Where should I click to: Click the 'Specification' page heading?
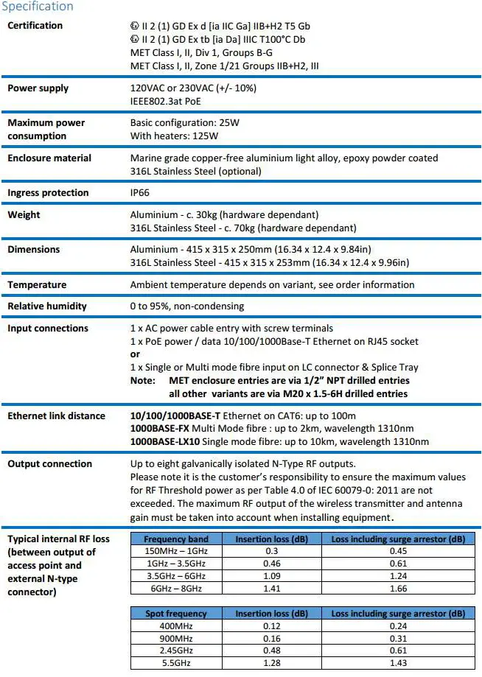click(38, 7)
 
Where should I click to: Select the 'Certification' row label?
click(35, 26)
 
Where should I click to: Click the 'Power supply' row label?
click(38, 88)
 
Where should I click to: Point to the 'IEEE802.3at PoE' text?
click(167, 101)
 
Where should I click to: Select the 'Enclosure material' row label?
click(49, 158)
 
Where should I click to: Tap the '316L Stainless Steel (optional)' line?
click(195, 172)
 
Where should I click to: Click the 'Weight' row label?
click(24, 215)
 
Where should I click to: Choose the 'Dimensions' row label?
click(33, 250)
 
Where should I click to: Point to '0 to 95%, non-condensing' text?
click(186, 306)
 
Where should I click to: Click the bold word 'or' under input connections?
click(135, 354)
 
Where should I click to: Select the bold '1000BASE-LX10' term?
click(166, 441)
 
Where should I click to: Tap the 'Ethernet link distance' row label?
click(56, 416)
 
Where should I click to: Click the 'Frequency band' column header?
click(176, 539)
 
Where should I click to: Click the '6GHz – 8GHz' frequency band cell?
click(176, 588)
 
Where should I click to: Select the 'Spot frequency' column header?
click(176, 614)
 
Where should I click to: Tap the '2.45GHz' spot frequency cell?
click(176, 650)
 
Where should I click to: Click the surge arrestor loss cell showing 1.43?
click(397, 663)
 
